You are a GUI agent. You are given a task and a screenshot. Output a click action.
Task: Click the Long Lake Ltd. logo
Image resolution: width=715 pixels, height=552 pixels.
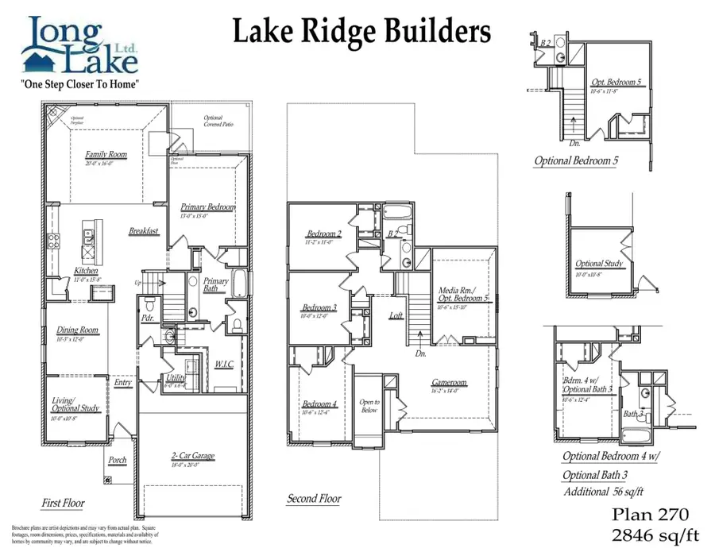coord(79,45)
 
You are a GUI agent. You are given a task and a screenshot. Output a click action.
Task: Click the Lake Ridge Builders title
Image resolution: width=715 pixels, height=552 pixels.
coord(361,32)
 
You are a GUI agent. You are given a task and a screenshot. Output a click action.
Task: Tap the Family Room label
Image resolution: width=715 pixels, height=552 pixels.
coord(106,155)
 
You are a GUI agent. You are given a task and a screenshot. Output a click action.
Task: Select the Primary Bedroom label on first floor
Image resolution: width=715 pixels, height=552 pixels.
coord(208,207)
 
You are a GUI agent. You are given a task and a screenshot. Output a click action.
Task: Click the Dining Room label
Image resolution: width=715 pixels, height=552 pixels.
coord(78,330)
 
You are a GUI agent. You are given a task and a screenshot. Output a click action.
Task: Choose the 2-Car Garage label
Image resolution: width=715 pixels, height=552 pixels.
coord(194,457)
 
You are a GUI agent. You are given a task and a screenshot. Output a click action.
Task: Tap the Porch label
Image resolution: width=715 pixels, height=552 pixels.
coord(117,460)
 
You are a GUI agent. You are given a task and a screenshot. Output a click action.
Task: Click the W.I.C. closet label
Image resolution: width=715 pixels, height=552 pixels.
coord(224,365)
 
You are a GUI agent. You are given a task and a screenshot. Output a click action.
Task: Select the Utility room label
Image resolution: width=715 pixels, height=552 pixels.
coord(176,378)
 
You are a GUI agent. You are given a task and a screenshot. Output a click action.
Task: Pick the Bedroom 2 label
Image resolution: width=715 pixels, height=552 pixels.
coord(324,234)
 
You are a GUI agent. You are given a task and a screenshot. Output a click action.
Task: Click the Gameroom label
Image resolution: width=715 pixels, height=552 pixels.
coord(449,382)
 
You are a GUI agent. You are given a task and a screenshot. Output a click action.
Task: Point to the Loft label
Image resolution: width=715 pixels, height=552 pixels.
coord(396,315)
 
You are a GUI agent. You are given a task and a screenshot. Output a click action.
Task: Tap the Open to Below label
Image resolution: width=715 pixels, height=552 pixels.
coord(369,406)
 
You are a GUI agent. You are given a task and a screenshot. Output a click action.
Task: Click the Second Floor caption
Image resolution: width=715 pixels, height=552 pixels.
coord(314,499)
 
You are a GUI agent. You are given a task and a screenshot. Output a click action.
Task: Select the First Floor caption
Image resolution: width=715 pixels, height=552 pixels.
coord(63,503)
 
